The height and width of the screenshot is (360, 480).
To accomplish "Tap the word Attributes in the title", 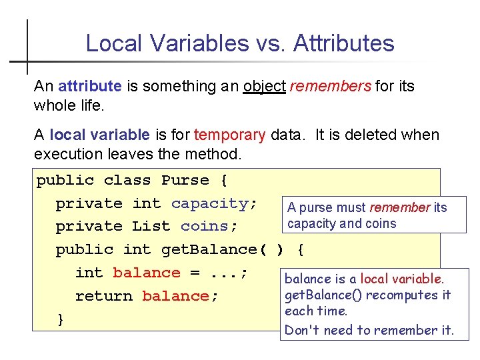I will (343, 43).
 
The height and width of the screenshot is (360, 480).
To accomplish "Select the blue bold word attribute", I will (90, 86).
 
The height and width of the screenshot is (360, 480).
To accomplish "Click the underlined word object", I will (264, 86).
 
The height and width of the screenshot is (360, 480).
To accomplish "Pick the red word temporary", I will (229, 135).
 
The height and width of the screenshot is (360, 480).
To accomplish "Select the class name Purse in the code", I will (185, 181).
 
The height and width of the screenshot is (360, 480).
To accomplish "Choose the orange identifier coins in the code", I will (209, 227).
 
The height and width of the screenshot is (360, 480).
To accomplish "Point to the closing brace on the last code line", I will (61, 319).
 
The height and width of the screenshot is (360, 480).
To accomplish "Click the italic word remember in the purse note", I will (400, 208).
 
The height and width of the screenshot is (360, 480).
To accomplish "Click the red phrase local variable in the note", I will (401, 279).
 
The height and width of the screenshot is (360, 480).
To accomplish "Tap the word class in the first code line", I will (127, 181).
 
